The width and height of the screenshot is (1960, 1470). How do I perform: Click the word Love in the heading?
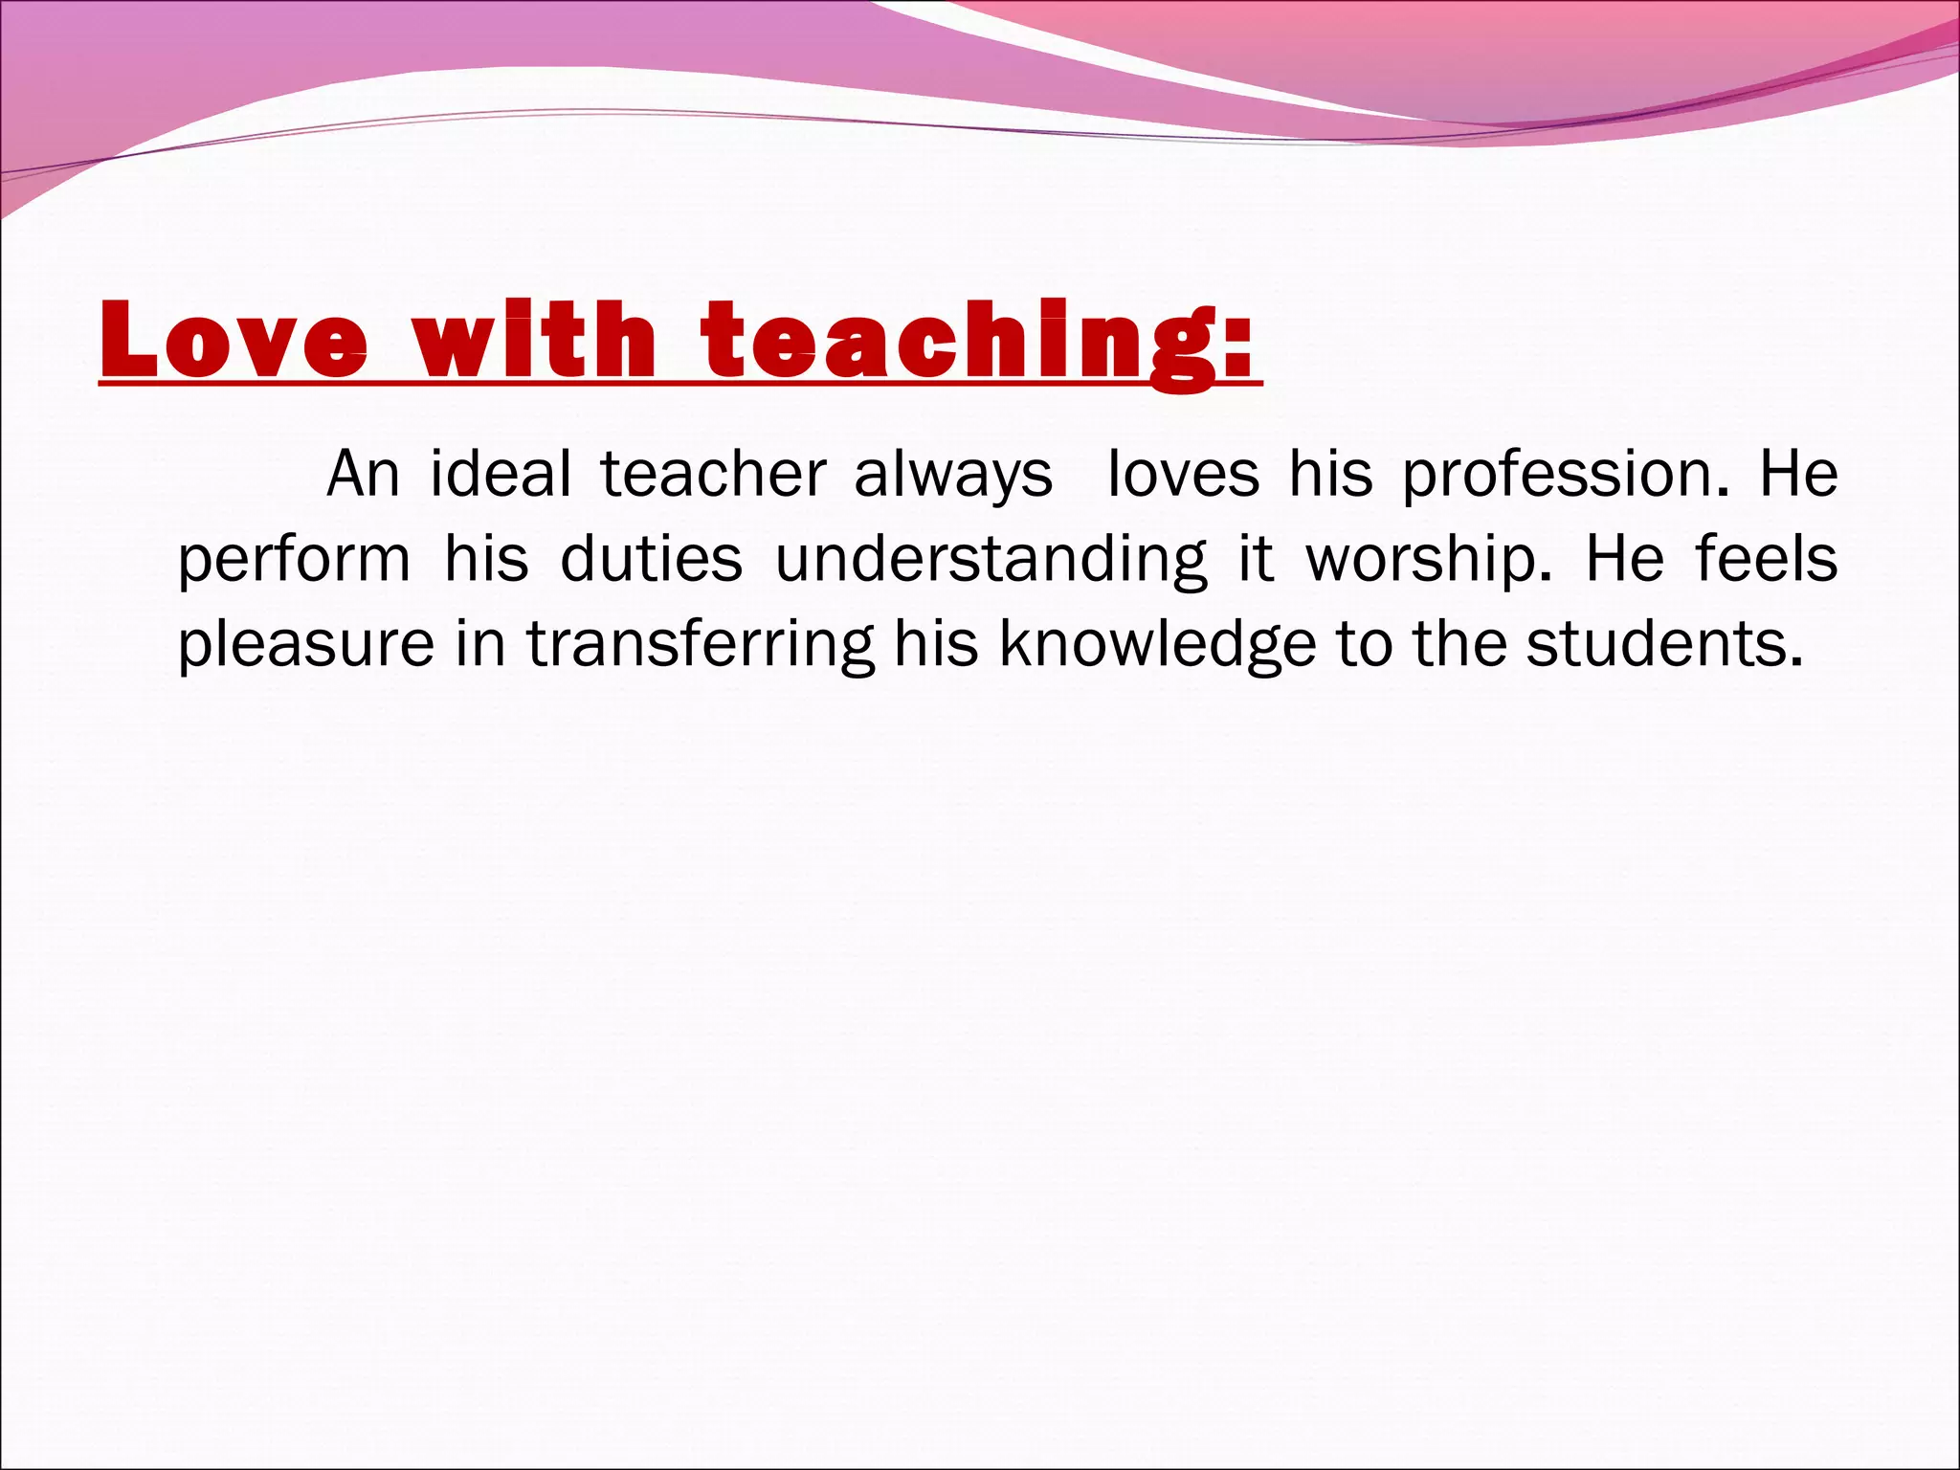[x=234, y=341]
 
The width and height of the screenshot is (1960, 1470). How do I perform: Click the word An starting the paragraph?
[x=363, y=475]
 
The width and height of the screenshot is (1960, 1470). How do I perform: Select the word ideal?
[x=501, y=475]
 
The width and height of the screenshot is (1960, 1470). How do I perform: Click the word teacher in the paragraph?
[x=713, y=475]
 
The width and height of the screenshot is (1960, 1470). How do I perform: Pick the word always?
[x=952, y=477]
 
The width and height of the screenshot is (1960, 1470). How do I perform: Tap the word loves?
[x=1183, y=475]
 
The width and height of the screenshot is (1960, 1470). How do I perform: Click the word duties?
[x=651, y=559]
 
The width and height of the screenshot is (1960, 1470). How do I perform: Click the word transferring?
[x=701, y=645]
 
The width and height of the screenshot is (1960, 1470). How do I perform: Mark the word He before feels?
[x=1624, y=559]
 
